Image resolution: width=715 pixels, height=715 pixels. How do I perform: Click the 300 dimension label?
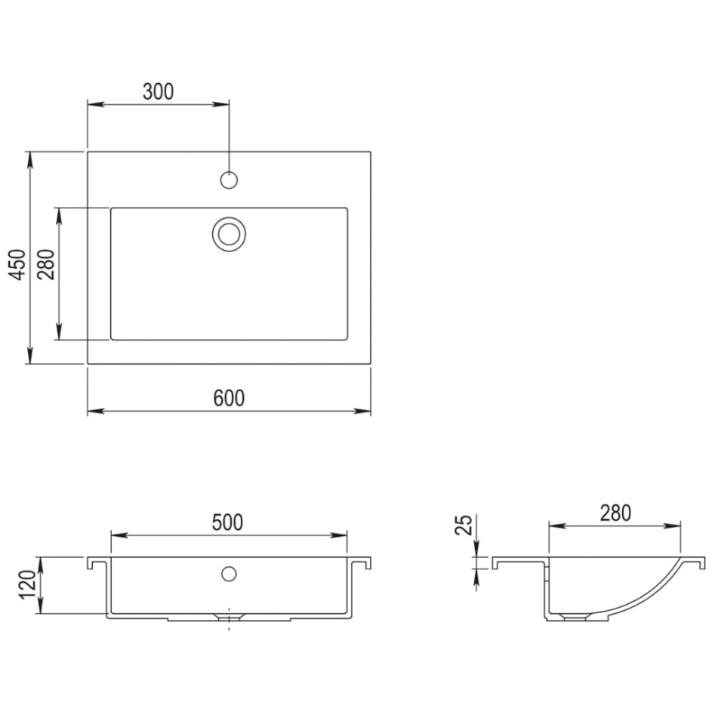pos(158,91)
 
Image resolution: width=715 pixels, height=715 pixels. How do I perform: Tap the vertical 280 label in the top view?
pos(47,264)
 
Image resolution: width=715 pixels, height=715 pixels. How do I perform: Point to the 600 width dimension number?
pos(228,398)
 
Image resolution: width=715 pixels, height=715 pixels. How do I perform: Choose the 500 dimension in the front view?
pos(227,522)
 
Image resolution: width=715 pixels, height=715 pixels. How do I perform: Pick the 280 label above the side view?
pos(615,513)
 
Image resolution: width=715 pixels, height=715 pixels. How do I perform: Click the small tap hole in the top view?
pos(229,180)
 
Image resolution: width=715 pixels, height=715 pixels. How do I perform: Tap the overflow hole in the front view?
pos(229,573)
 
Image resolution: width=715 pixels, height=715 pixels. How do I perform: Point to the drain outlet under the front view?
pos(229,617)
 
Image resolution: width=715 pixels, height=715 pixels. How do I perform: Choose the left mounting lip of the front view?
pos(94,563)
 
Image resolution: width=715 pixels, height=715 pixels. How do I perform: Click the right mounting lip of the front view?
pos(365,563)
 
